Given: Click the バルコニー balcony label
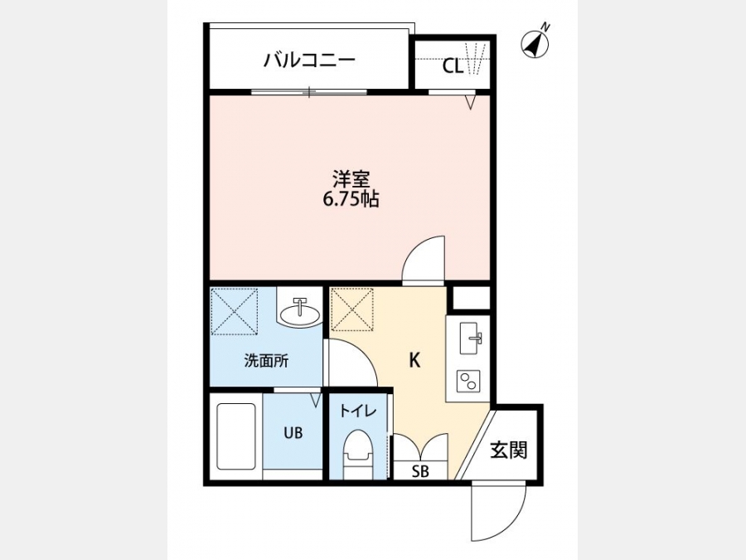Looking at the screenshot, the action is coord(310,61).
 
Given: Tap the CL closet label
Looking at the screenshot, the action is coord(453,66).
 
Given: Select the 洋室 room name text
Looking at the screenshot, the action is coord(351,179).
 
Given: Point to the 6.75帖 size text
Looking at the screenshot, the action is coord(351,199).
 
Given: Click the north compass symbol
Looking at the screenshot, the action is coord(536,44).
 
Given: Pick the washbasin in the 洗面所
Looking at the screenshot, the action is coord(300,314).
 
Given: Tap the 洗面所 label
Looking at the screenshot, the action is coord(266,361).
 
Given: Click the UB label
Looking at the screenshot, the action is coord(293,433).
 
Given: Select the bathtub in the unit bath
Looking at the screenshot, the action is coord(236,436).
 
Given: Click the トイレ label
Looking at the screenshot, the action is coord(358,411).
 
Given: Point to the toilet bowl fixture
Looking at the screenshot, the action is coord(357,455).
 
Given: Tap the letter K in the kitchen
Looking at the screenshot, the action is coord(415,361).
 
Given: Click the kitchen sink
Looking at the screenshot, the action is coord(471,338).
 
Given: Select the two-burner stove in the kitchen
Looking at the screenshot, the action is coord(468,381).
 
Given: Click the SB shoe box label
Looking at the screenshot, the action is coord(420,471).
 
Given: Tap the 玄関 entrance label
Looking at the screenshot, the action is coord(509,450).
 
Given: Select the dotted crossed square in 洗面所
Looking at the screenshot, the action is coord(234,311).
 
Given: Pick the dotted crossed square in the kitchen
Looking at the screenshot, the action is coord(352,309).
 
